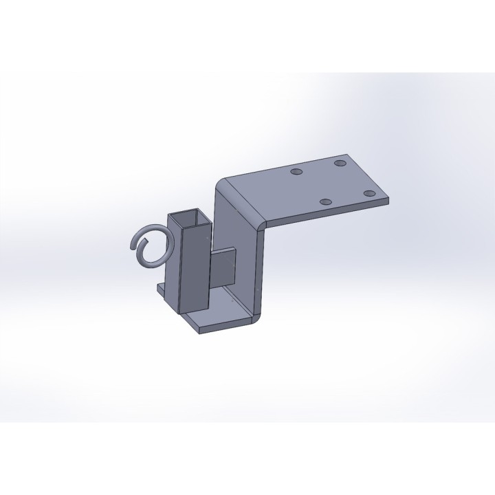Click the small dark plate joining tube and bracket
pos(223,267)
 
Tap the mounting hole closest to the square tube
pos(296,172)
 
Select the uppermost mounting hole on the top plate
pos(340,164)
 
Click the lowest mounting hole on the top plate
pos(326,202)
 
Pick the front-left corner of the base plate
pos(199,332)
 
